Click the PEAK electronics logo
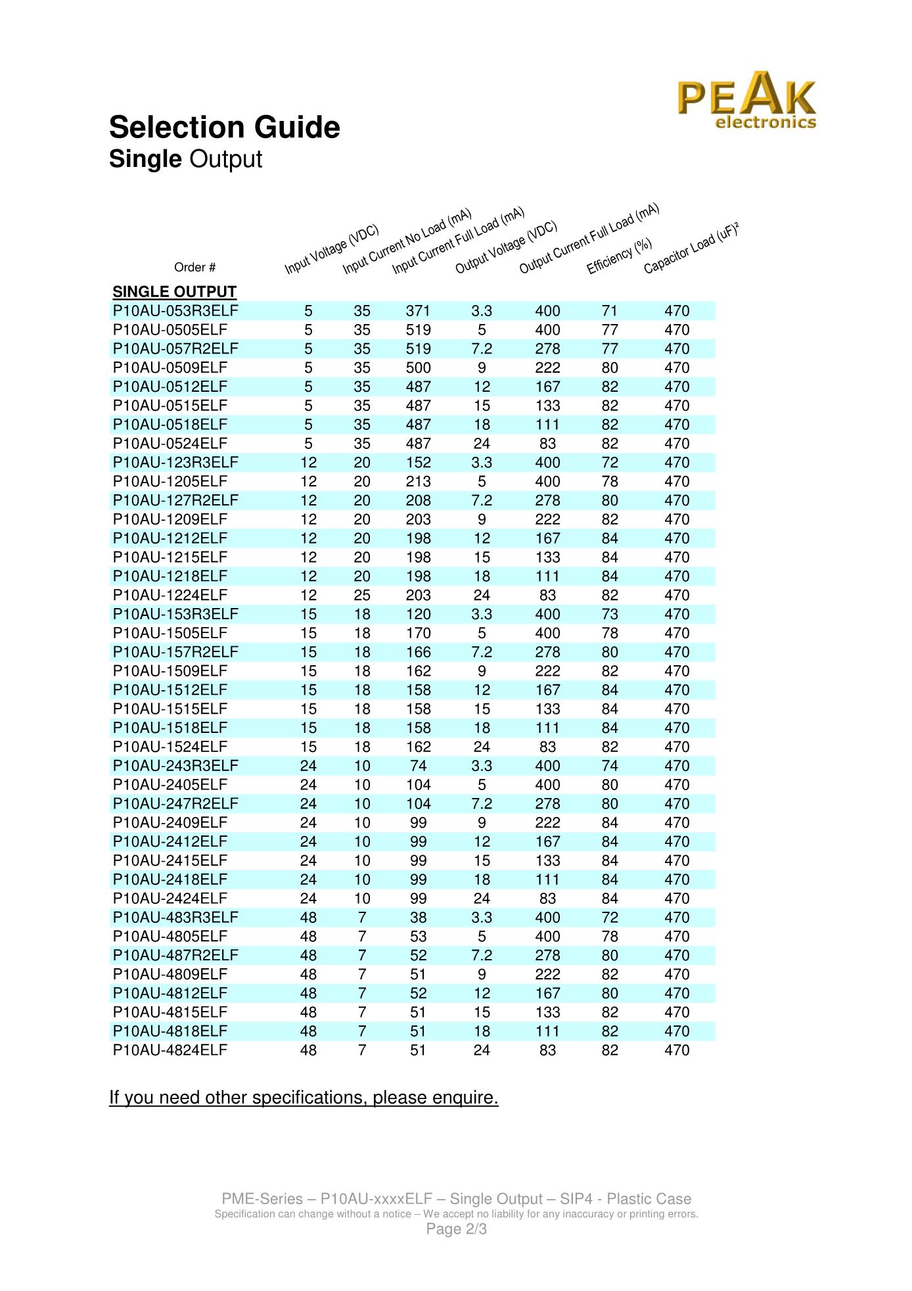[x=747, y=101]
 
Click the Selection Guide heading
[x=225, y=128]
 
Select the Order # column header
[x=194, y=268]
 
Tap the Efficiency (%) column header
[x=618, y=256]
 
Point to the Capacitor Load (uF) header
[x=691, y=248]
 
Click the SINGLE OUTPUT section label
[x=174, y=292]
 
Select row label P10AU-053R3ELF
[x=175, y=311]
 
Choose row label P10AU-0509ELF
[x=170, y=368]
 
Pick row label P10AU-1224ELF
[x=170, y=596]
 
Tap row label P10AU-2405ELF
[x=170, y=785]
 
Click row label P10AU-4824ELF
[x=170, y=1050]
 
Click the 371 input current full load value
[x=418, y=311]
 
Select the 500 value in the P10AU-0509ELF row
[x=418, y=368]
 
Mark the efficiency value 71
[x=610, y=311]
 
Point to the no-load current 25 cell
[x=362, y=596]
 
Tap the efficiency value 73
[x=610, y=615]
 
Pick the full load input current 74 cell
[x=418, y=766]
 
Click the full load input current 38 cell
[x=418, y=918]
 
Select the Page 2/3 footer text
[x=456, y=1229]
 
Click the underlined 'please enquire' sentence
[x=304, y=1098]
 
